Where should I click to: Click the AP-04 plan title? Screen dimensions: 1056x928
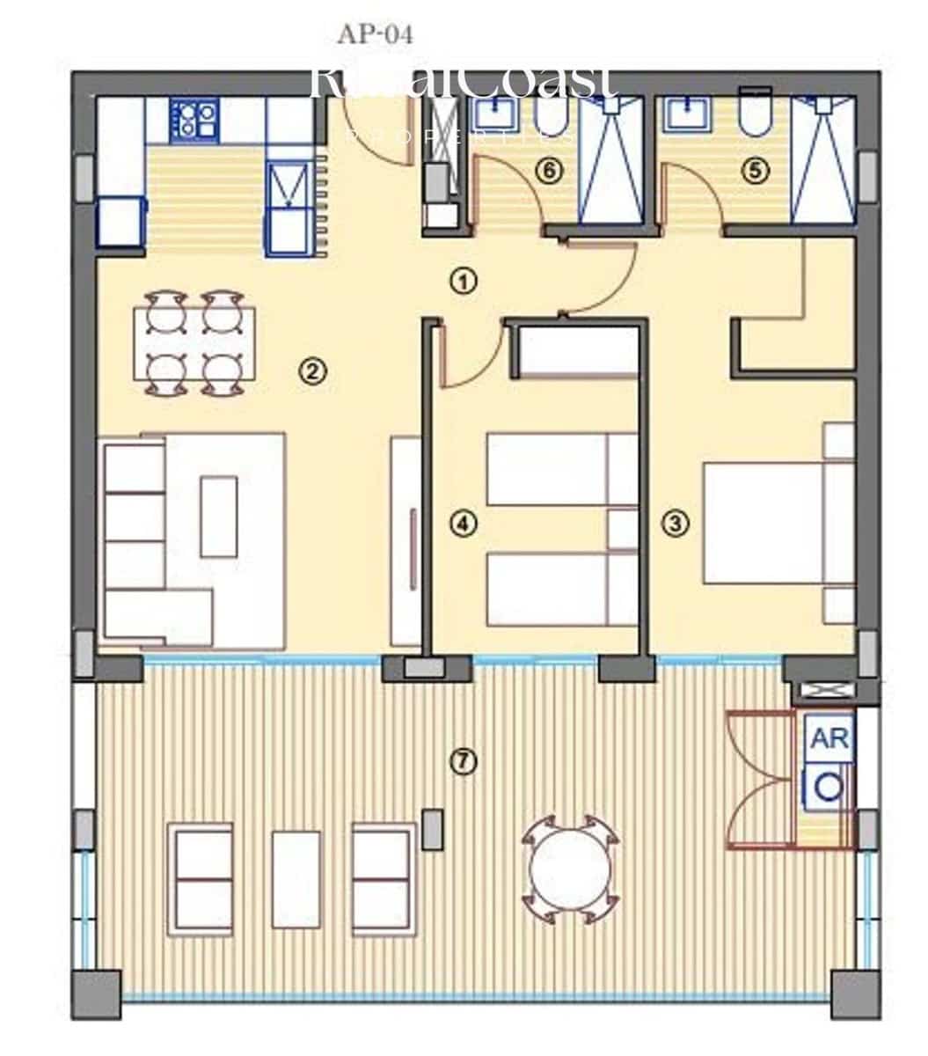tap(375, 34)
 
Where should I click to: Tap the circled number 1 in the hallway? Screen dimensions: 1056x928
tap(463, 282)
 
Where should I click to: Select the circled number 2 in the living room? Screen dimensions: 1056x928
tap(311, 371)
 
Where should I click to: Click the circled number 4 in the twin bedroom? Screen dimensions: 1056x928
tap(463, 524)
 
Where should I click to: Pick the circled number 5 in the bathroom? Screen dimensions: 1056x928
tap(754, 171)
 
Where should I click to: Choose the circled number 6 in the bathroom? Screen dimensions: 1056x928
tap(548, 171)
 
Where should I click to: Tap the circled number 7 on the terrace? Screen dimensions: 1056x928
tap(463, 761)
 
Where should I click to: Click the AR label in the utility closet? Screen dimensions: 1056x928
tap(829, 739)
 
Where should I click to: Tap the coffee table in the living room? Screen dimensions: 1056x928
tap(219, 516)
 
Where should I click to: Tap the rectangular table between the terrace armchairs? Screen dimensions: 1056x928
tap(296, 879)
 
